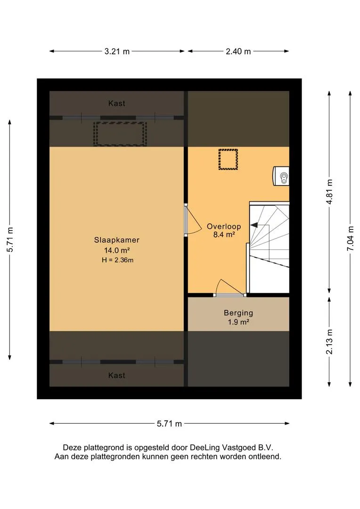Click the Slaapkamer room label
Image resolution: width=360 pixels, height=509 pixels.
[x=116, y=240]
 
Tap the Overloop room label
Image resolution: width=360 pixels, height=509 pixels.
[x=224, y=227]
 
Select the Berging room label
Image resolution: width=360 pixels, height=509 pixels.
[x=238, y=313]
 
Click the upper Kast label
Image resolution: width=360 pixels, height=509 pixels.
[x=116, y=103]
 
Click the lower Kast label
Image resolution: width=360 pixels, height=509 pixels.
[x=116, y=375]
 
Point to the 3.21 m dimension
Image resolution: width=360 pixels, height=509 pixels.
[x=117, y=51]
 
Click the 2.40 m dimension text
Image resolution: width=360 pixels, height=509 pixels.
[x=238, y=51]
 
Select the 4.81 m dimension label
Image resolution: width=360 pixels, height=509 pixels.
[x=329, y=191]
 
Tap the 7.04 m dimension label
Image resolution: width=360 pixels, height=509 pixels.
[x=351, y=238]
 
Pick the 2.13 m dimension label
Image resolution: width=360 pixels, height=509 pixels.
[x=329, y=342]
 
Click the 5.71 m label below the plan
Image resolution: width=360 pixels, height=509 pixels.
[x=170, y=424]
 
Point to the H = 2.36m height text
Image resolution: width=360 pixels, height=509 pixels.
[x=117, y=260]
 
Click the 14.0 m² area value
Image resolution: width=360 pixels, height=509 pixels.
[x=117, y=250]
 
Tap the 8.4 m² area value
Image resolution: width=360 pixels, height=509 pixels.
[x=224, y=234]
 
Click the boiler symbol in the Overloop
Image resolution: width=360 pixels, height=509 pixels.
[x=281, y=176]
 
